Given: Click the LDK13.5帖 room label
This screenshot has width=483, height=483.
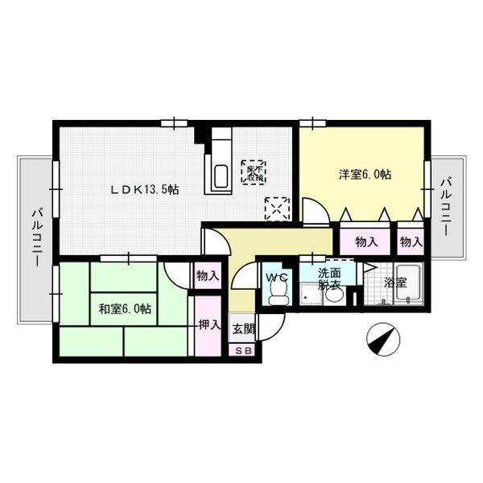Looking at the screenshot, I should pyautogui.click(x=145, y=190).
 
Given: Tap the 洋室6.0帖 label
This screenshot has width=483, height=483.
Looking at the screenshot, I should pyautogui.click(x=364, y=174).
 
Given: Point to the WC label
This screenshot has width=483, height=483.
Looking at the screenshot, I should pyautogui.click(x=277, y=278).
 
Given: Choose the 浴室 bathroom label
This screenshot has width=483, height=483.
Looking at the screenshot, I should pyautogui.click(x=394, y=283).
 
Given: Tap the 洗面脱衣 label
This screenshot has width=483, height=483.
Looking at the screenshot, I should pyautogui.click(x=329, y=278).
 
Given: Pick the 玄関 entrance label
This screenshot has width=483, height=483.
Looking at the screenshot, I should pyautogui.click(x=242, y=328).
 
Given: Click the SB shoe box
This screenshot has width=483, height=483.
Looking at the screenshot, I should pyautogui.click(x=242, y=351).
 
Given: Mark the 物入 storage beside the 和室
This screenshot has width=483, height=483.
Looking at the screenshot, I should pyautogui.click(x=208, y=275).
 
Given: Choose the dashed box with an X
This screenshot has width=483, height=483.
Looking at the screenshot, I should pyautogui.click(x=279, y=208).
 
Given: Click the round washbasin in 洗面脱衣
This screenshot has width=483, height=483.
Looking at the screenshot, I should pyautogui.click(x=332, y=296).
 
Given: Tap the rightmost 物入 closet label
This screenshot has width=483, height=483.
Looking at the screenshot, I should pyautogui.click(x=411, y=242).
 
